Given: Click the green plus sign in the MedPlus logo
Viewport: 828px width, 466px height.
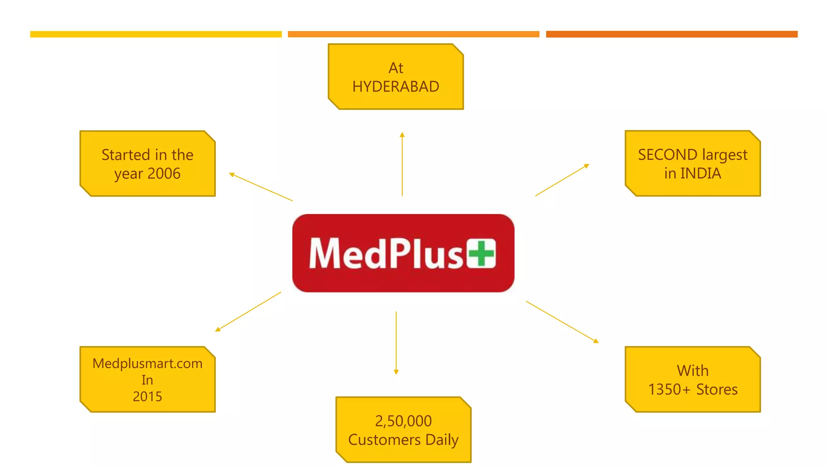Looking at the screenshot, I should click(x=482, y=254).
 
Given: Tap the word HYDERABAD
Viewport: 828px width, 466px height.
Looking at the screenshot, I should click(x=395, y=87).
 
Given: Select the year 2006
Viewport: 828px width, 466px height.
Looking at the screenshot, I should click(x=164, y=174).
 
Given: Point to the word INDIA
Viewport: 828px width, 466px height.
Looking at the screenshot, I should click(x=701, y=173).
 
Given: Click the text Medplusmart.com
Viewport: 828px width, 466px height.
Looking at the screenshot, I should click(x=148, y=363).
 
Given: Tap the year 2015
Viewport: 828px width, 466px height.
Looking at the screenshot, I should click(x=148, y=396).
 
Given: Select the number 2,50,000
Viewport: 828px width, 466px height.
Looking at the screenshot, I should click(x=403, y=421).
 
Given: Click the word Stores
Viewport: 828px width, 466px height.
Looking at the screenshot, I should click(x=717, y=389).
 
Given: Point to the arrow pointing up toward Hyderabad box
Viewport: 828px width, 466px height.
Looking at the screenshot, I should click(x=402, y=164).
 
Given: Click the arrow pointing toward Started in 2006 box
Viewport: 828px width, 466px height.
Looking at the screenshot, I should click(x=261, y=187).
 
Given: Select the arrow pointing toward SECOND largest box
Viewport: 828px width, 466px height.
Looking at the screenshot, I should click(x=562, y=180).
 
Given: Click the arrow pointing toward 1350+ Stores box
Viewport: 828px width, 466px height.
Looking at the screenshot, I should click(x=562, y=322).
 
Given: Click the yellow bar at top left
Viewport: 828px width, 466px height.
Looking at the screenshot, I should click(x=156, y=34).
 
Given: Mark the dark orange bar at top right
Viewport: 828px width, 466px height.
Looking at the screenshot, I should click(x=672, y=34).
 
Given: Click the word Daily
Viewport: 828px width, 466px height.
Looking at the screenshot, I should click(x=442, y=439).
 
